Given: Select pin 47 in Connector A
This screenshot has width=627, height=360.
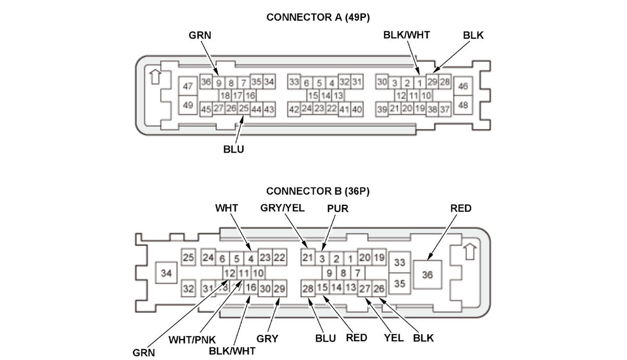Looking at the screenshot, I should pos(188,87).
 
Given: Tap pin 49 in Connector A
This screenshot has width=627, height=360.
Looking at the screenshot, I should pos(188,105).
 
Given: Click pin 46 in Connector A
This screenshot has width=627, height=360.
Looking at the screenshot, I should pos(462,87).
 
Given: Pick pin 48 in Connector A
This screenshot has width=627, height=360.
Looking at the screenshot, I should pos(462,105).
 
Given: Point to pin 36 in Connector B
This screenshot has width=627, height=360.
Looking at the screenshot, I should pos(427,274).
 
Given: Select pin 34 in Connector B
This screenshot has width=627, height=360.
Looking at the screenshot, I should pos(166,273).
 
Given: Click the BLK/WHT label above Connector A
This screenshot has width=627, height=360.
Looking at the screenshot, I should pos(406,35).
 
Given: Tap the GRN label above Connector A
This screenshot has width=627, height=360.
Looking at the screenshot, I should pos(200,35).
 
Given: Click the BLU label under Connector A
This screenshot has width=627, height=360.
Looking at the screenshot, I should pos(234,149).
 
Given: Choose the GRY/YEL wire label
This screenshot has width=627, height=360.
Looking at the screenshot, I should pos(282,208).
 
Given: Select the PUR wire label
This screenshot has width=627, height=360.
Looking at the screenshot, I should pos(338,208).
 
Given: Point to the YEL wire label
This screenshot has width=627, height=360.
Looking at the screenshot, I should pos(393,338).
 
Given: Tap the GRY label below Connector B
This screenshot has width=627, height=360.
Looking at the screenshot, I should pos(267,339).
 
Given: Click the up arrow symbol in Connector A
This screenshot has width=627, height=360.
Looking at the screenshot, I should pos(154,77).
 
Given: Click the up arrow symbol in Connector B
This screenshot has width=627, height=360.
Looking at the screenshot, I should pos(471,251).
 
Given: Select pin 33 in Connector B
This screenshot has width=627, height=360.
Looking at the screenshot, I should pos(400,262).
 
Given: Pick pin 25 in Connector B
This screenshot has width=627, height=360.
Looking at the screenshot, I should pos(188,258).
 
